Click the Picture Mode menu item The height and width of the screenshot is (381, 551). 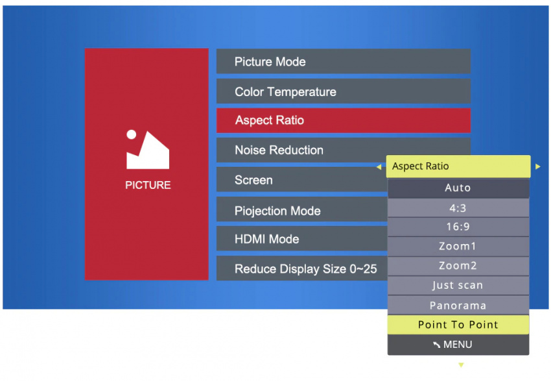click(344, 62)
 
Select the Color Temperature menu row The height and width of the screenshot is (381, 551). click(344, 92)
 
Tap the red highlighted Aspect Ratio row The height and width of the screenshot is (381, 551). click(344, 120)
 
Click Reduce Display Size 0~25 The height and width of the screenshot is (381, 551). click(301, 269)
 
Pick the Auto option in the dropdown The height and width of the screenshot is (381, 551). click(458, 188)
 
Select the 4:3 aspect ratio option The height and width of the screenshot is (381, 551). click(458, 208)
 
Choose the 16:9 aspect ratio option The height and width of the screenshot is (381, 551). click(458, 227)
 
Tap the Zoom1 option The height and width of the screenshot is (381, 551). click(458, 246)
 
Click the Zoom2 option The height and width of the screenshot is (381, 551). click(458, 266)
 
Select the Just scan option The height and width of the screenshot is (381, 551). click(458, 286)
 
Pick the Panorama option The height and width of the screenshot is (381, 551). click(458, 305)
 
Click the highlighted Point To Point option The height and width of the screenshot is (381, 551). click(458, 325)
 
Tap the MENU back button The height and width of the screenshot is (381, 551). click(458, 345)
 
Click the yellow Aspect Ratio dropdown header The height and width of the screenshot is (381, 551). click(458, 166)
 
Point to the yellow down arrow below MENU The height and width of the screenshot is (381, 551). click(461, 365)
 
